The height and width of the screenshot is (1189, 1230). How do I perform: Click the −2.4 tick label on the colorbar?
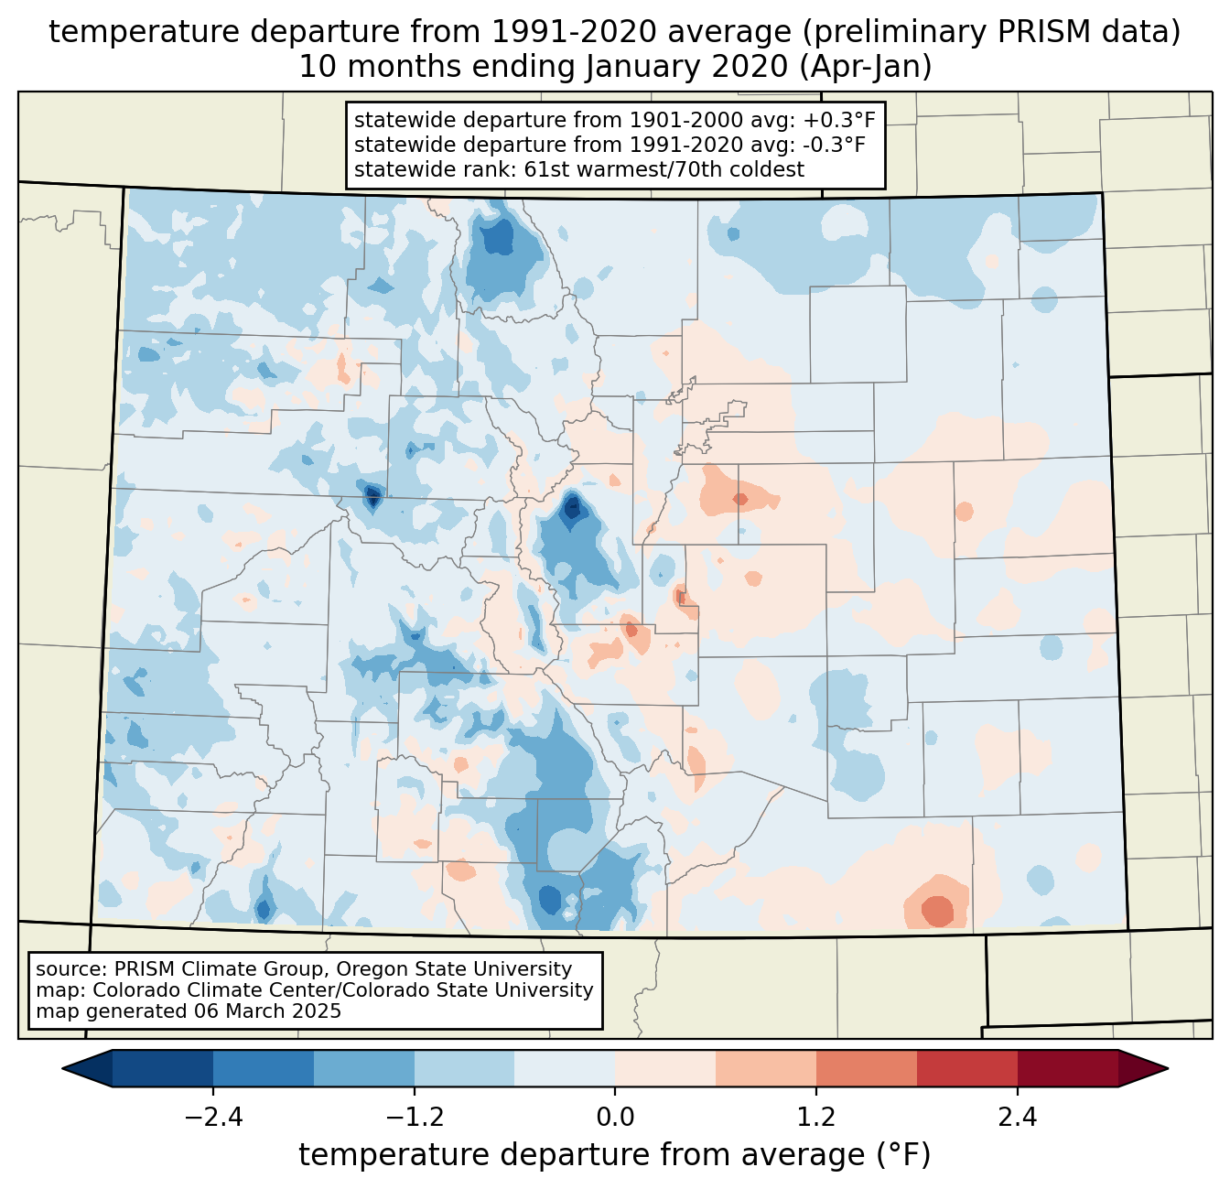pos(212,1118)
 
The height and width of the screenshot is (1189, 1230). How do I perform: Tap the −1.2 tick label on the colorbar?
pos(414,1118)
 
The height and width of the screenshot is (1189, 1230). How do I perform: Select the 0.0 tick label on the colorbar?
pos(615,1118)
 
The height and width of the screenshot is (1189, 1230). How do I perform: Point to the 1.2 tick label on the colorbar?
pos(816,1118)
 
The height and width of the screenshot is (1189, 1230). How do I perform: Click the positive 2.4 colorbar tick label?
pos(1018,1118)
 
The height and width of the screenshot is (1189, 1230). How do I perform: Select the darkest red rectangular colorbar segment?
pos(1067,1068)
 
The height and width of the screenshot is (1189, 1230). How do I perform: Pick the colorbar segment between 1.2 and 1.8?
pos(866,1068)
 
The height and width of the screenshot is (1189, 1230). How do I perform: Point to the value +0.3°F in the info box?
pos(839,121)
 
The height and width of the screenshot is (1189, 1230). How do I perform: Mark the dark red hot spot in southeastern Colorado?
pos(937,911)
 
